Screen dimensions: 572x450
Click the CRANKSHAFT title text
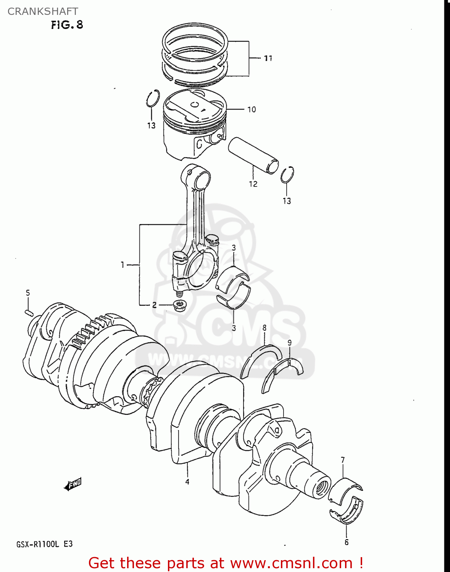point(43,11)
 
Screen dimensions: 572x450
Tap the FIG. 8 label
point(67,25)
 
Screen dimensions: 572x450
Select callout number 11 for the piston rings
point(268,58)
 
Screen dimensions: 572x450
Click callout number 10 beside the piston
point(252,109)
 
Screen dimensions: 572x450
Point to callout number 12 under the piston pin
point(253,184)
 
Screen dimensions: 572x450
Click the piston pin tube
point(253,155)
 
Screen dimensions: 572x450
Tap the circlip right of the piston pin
point(287,175)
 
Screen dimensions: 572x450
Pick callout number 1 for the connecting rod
point(123,265)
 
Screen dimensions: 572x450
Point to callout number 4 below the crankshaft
point(187,482)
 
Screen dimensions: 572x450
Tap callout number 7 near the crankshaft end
point(343,460)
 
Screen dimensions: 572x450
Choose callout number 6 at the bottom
point(347,542)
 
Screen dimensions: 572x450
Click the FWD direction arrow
point(73,485)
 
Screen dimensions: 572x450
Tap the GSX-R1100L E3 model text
point(44,544)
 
